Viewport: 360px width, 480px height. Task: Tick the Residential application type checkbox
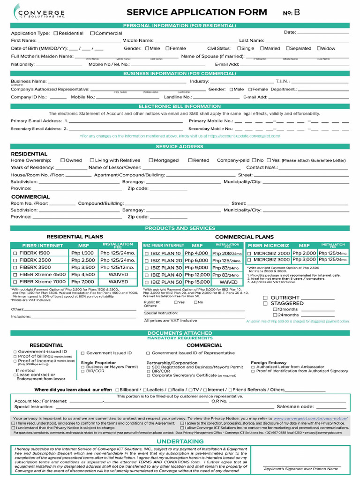tap(56, 33)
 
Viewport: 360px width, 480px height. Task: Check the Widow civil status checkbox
tap(319, 48)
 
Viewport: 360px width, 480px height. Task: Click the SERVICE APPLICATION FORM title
tap(197, 12)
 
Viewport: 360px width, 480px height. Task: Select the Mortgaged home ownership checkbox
tap(151, 160)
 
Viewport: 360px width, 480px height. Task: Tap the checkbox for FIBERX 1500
tap(15, 253)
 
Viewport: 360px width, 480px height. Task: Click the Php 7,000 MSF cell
tap(82, 282)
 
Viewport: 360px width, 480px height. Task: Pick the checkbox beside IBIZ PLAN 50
tap(146, 282)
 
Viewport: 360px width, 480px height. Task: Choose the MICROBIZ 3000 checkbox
tap(250, 260)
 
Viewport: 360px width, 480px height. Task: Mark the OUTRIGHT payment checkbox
tap(265, 298)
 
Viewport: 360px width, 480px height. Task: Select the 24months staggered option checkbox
tap(275, 315)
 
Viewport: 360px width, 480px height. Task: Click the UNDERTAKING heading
tap(180, 442)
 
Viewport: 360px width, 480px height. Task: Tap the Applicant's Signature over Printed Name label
tap(301, 469)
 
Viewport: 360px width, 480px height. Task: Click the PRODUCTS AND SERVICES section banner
tap(180, 228)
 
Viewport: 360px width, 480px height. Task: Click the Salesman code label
tap(295, 407)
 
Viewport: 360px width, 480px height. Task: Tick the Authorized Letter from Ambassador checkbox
tap(253, 367)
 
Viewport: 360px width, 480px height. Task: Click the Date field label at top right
tap(290, 32)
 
